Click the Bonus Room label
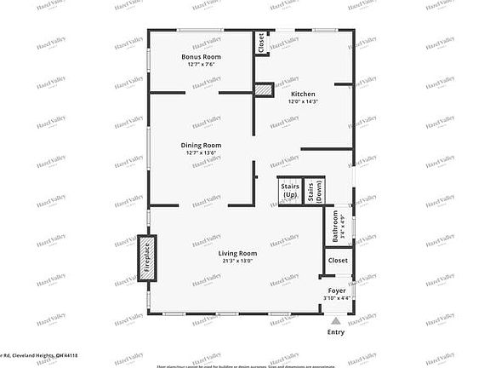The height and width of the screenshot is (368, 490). coord(201,57)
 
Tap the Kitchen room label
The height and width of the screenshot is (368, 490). coord(303,94)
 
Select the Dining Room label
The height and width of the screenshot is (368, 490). coord(201,145)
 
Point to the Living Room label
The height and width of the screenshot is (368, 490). coord(237,253)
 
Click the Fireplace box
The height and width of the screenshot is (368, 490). coord(146,256)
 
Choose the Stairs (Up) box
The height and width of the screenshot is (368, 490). coord(288,190)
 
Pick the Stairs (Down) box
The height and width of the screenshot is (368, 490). coord(314,190)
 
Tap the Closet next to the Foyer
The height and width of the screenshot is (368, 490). coord(338,260)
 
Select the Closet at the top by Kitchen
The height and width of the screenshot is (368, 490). coord(260,43)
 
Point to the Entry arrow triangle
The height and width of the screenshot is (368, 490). coord(337,321)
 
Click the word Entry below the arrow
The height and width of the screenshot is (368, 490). coord(337,331)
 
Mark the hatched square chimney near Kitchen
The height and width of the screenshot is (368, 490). coord(265,89)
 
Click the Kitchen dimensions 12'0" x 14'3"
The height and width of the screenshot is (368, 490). coord(303,101)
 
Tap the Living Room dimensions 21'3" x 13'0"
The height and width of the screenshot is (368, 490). coord(237,261)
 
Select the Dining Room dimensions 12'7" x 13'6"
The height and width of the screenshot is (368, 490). coord(201,152)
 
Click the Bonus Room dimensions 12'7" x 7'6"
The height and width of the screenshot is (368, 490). coord(201,65)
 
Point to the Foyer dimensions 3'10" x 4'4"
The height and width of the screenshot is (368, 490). coord(338,297)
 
